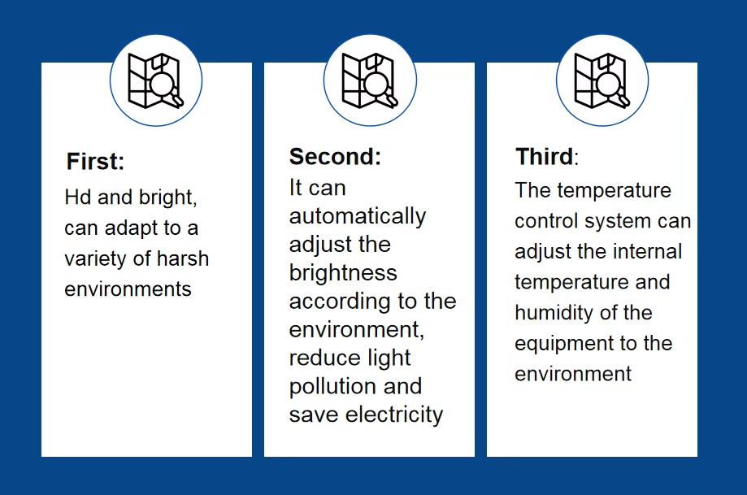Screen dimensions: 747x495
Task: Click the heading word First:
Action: pyautogui.click(x=95, y=161)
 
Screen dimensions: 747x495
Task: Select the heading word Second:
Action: pyautogui.click(x=336, y=156)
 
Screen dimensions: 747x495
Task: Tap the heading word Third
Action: pyautogui.click(x=545, y=156)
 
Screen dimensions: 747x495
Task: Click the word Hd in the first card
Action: pyautogui.click(x=78, y=197)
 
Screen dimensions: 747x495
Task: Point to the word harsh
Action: pyautogui.click(x=183, y=258)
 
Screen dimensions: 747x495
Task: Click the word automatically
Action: pyautogui.click(x=358, y=217)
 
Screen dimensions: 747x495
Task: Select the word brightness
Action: pyautogui.click(x=343, y=273)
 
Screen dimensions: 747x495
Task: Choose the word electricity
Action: pyautogui.click(x=394, y=415)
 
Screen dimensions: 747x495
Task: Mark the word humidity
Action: pyautogui.click(x=554, y=314)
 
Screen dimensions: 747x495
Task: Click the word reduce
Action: pyautogui.click(x=319, y=358)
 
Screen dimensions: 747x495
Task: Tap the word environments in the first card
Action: pyautogui.click(x=128, y=289)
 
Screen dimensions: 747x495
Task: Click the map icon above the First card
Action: pyautogui.click(x=155, y=80)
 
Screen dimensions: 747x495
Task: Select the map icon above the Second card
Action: pyautogui.click(x=370, y=80)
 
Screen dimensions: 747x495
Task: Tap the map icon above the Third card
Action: pyautogui.click(x=602, y=80)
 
